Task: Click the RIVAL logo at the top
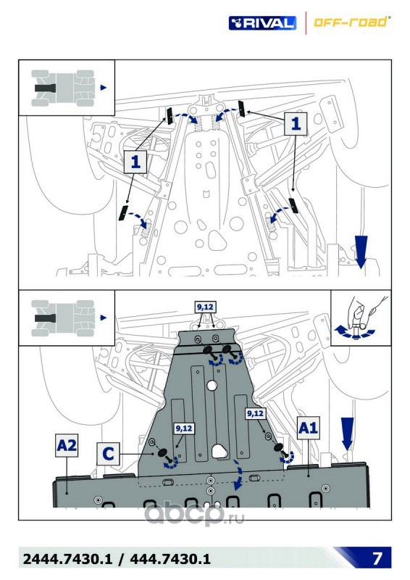point(262,23)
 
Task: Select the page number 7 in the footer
point(377,558)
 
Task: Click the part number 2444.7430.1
point(67,558)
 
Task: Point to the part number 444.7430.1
point(170,558)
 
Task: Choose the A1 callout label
point(308,428)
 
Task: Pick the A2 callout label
point(67,445)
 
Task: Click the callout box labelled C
point(108,454)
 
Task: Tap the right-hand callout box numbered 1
point(296,123)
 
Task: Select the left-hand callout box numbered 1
point(135,162)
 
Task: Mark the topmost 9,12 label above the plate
point(205,307)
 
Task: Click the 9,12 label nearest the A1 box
point(256,413)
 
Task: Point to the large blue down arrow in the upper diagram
point(361,252)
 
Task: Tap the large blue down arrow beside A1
point(347,434)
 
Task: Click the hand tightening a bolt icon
point(361,318)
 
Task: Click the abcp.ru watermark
point(193,513)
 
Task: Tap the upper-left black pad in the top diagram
point(170,116)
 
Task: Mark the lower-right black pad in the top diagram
point(293,206)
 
